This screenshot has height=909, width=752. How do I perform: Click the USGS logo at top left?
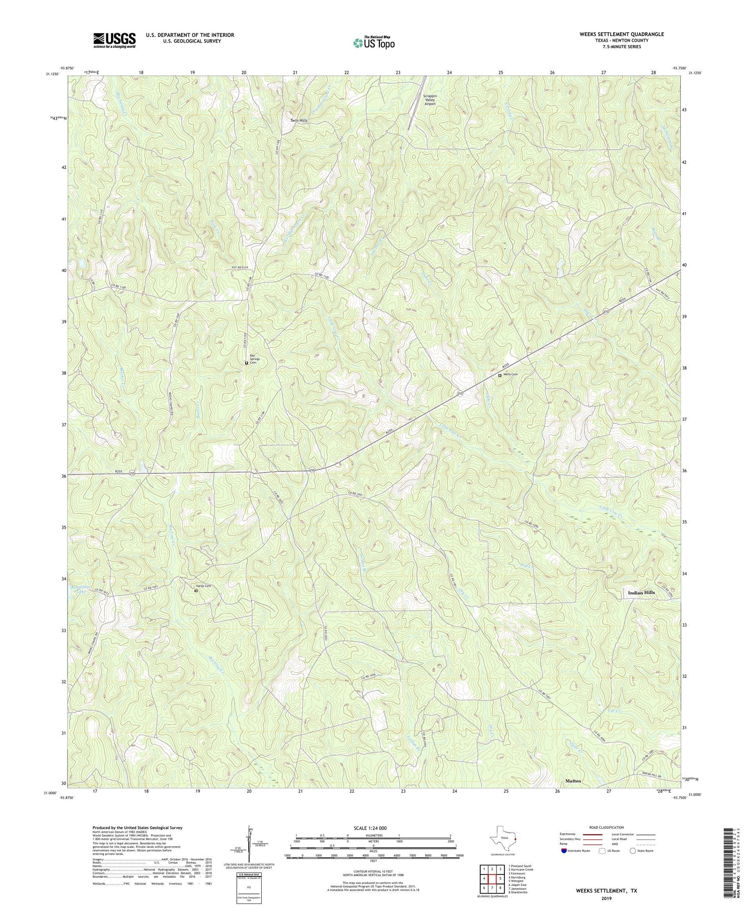(x=114, y=40)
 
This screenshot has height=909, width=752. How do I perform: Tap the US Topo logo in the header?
(x=373, y=43)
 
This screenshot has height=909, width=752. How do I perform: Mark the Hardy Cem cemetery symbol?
(x=196, y=591)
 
